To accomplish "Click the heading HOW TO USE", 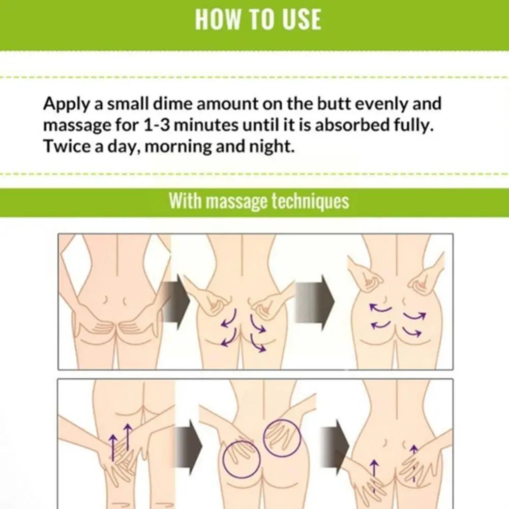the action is [258, 19].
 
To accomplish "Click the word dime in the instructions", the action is [173, 104].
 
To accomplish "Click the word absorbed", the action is [352, 125].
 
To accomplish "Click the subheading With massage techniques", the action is [259, 201].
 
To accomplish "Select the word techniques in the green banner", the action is [310, 201].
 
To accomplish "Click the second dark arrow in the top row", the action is [315, 303].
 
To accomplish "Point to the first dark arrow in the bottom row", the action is [189, 446].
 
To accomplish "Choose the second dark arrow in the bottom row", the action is [335, 446].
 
